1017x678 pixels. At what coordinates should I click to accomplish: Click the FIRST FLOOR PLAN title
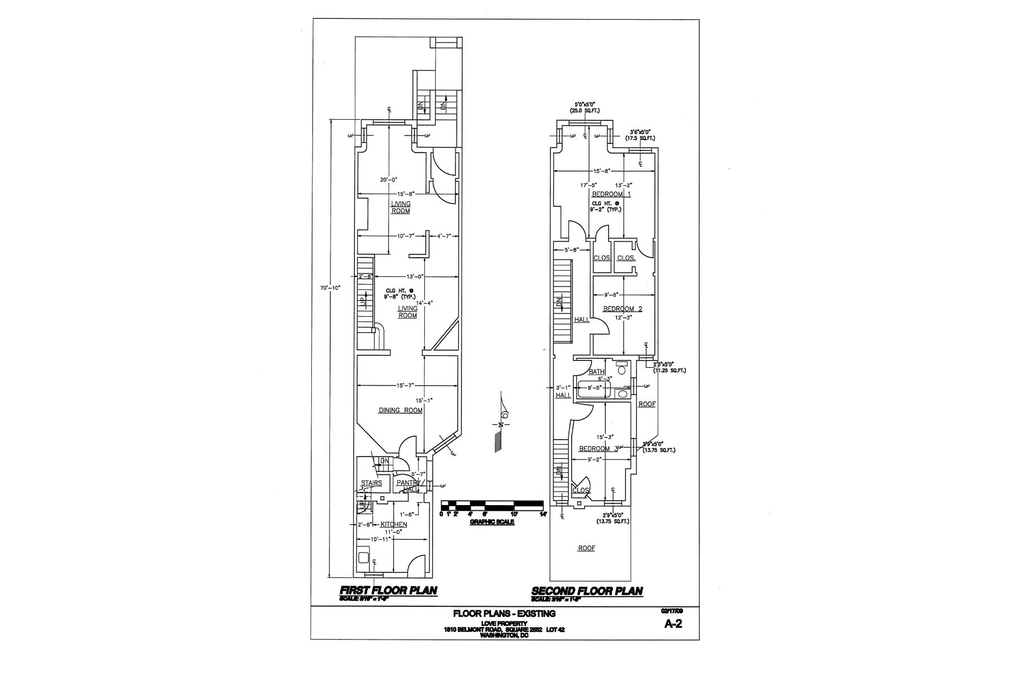tap(388, 590)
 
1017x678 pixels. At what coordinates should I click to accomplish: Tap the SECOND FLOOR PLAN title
tap(586, 591)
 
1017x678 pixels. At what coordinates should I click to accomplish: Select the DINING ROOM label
tap(400, 410)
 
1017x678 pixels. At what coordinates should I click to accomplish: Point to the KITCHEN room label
tap(394, 524)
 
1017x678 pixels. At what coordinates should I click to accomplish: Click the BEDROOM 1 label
tap(611, 194)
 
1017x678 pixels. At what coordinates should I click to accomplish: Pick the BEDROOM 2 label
tap(622, 309)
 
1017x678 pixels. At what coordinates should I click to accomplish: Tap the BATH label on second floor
tap(597, 372)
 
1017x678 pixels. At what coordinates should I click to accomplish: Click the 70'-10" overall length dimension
tap(329, 288)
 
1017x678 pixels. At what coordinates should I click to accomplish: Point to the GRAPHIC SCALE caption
tap(492, 522)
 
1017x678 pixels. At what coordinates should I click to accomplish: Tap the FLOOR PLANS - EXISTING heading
tap(504, 614)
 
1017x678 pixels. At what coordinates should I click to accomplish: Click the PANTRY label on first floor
tap(407, 483)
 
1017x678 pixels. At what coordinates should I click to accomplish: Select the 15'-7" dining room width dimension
tap(406, 385)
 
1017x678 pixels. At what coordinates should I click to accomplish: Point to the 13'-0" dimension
tap(415, 276)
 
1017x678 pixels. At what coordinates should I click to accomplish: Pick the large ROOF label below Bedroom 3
tap(586, 548)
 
